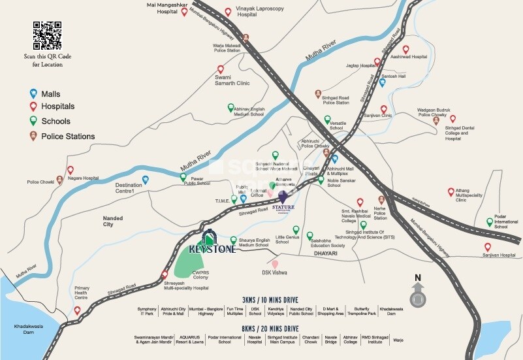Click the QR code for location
tap(47, 35)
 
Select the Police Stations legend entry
tap(67, 136)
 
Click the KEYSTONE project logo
tap(207, 242)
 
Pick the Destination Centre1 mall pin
tap(145, 180)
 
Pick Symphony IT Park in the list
tap(148, 310)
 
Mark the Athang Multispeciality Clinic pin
tap(450, 191)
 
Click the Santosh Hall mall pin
tap(383, 82)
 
